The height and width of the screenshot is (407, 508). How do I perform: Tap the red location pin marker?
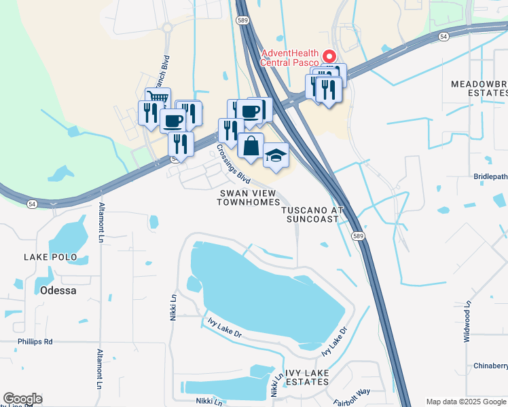[330, 56]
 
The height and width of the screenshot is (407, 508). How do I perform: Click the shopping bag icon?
[251, 144]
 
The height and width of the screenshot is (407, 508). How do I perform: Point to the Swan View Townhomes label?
[249, 197]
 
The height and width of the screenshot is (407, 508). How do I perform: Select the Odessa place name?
[50, 290]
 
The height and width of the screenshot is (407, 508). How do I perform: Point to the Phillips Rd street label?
[35, 341]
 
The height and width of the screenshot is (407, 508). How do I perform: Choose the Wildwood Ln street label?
[467, 322]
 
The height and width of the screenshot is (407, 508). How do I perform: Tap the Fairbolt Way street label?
[352, 397]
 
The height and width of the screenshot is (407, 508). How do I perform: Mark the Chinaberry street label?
[490, 366]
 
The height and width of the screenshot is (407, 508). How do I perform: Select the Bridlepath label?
[490, 176]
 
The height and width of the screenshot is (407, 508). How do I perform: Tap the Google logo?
[22, 399]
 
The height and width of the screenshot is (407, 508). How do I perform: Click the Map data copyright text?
[466, 402]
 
